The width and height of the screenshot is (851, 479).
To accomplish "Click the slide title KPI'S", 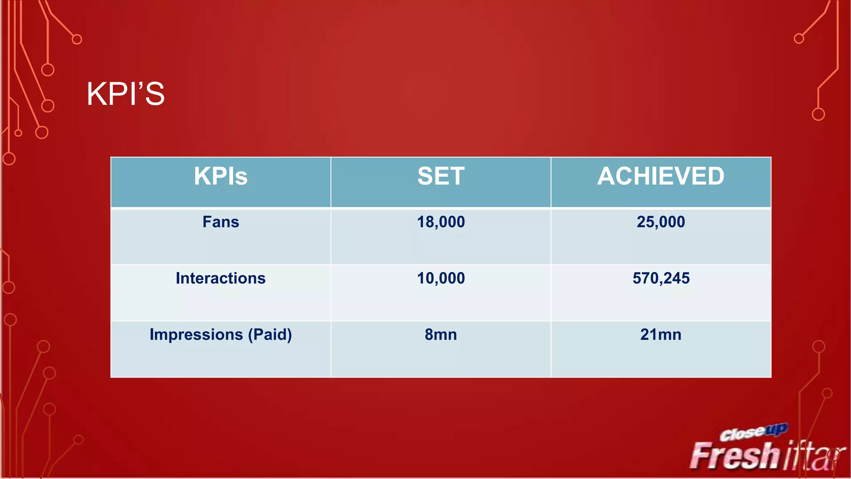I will point(125,94).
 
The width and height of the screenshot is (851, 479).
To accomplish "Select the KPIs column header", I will point(221,176).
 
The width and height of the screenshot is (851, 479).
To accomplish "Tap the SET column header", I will point(441,176).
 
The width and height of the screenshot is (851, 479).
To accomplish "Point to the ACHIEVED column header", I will point(661,176).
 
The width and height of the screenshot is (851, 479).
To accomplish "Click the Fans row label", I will point(221,222).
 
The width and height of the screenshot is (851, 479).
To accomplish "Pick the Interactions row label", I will point(221,278).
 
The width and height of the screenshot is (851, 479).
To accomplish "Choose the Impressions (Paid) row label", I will point(221,335).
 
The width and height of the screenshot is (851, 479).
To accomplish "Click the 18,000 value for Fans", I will point(441,222).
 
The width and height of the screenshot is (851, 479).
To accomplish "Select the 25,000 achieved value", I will point(661,222).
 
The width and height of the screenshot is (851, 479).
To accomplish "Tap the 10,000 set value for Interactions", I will point(441,278).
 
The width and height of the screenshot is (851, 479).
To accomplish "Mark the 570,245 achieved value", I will point(661,278).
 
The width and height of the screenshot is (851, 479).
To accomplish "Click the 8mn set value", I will point(441,335).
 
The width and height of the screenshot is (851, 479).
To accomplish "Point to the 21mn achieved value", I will point(661,335).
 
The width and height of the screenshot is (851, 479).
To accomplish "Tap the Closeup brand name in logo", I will point(753,432).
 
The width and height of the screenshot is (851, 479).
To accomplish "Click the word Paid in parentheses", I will point(270,335).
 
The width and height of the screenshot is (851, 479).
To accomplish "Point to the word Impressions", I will point(196,335).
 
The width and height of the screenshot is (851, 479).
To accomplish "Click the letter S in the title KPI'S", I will point(155,94).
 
